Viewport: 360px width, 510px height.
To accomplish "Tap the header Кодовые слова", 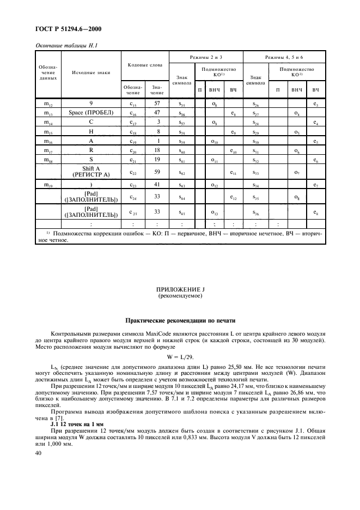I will click(144, 65).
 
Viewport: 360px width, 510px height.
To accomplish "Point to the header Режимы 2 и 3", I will click(205, 57).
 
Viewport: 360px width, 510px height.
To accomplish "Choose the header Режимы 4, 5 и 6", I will click(284, 57).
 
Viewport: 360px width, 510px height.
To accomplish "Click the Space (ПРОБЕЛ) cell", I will click(90, 113).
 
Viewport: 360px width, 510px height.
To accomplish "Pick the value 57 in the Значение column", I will click(157, 102).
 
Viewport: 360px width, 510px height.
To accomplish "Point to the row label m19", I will click(48, 186).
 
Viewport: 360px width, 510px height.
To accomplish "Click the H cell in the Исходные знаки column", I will click(90, 132).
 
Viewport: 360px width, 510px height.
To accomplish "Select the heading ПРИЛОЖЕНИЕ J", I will click(180, 290).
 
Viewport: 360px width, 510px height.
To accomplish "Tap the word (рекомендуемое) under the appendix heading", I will click(180, 296).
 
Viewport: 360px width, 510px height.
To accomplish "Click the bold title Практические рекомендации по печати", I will click(180, 320).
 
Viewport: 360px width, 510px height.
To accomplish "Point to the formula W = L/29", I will click(180, 357).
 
